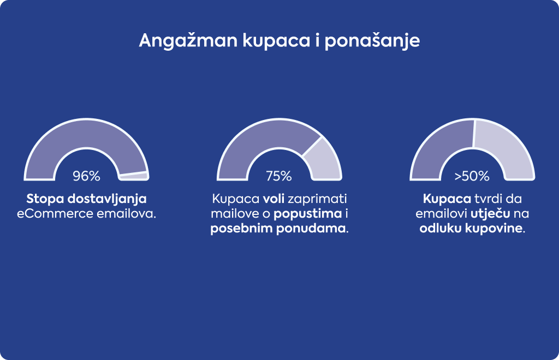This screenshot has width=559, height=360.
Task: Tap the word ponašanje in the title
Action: pyautogui.click(x=372, y=41)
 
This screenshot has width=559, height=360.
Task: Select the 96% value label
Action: pyautogui.click(x=87, y=176)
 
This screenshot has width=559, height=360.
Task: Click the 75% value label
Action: pyautogui.click(x=279, y=176)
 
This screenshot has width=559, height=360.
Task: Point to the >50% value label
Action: pyautogui.click(x=472, y=176)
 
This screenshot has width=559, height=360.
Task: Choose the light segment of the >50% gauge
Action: pyautogui.click(x=506, y=146)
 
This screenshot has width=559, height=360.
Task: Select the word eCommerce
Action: pyautogui.click(x=55, y=214)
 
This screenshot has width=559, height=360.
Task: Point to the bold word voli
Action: pyautogui.click(x=273, y=199)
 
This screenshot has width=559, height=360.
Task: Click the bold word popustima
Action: pyautogui.click(x=308, y=214)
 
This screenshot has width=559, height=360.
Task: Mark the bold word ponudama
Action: pyautogui.click(x=311, y=228)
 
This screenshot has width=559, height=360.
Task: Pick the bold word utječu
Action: pyautogui.click(x=490, y=214)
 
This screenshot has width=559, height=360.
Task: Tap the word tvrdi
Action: pyautogui.click(x=488, y=199)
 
